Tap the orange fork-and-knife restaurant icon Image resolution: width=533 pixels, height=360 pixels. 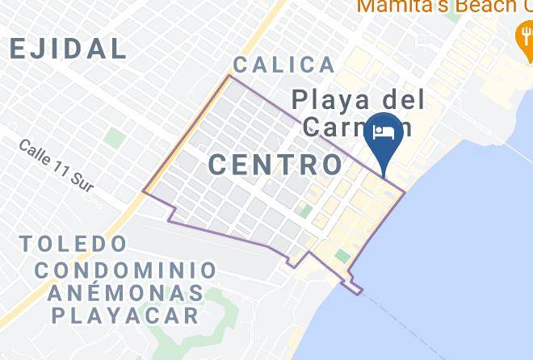[522, 35]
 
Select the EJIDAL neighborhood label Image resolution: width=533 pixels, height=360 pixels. [69, 48]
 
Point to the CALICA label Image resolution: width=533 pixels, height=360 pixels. [283, 65]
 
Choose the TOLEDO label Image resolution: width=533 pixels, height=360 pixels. [74, 243]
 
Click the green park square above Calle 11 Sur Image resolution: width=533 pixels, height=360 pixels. [115, 138]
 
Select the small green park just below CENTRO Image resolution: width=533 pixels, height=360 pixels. [305, 211]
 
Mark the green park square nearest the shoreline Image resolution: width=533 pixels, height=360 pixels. [343, 257]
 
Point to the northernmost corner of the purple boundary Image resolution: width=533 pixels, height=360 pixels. [230, 76]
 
